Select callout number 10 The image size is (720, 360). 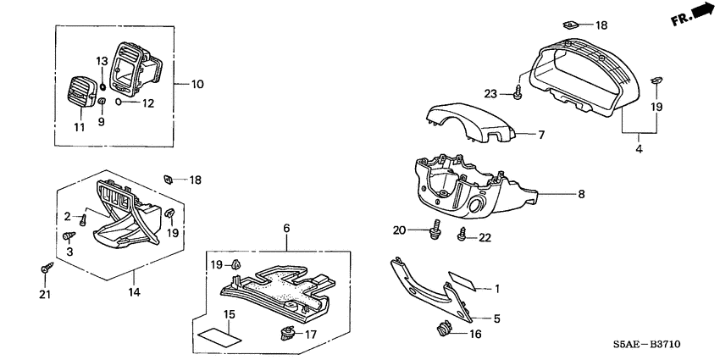[x=197, y=84]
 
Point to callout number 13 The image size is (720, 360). [x=102, y=61]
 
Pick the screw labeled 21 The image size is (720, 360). [x=44, y=269]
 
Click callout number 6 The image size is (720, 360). [x=286, y=229]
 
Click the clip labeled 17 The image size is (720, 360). [x=285, y=331]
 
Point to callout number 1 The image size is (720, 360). [x=497, y=289]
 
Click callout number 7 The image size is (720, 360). [x=542, y=134]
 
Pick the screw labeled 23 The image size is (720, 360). [x=518, y=91]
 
